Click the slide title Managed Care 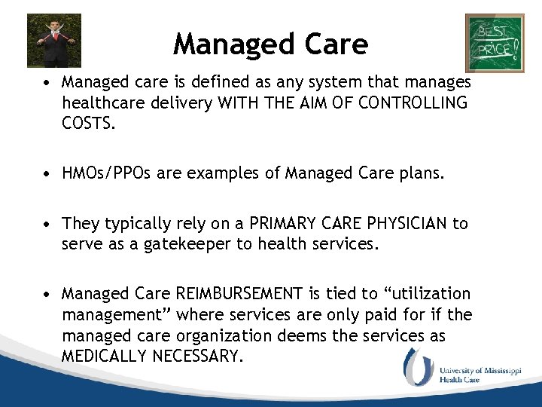(x=270, y=44)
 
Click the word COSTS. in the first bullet (x=89, y=123)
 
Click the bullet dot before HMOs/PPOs (x=47, y=175)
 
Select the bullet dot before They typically (x=47, y=225)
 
